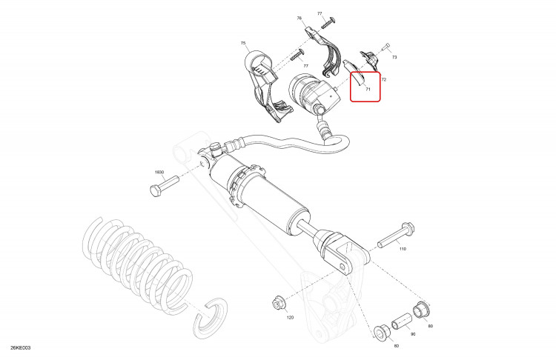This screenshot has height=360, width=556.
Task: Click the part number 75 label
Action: (243, 43)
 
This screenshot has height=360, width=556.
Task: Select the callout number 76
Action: (299, 18)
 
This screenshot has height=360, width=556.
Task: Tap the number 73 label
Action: (394, 57)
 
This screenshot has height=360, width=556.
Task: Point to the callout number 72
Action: (384, 80)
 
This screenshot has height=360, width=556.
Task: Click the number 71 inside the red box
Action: (368, 90)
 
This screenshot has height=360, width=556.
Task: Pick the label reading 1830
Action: (159, 172)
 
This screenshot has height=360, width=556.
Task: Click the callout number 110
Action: (403, 249)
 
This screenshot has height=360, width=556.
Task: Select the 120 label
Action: (290, 318)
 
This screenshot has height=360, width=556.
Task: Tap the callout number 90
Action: (413, 334)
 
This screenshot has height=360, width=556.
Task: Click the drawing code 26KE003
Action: (21, 347)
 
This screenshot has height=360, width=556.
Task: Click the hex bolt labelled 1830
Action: (164, 186)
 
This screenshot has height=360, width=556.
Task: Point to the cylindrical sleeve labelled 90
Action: (402, 321)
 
